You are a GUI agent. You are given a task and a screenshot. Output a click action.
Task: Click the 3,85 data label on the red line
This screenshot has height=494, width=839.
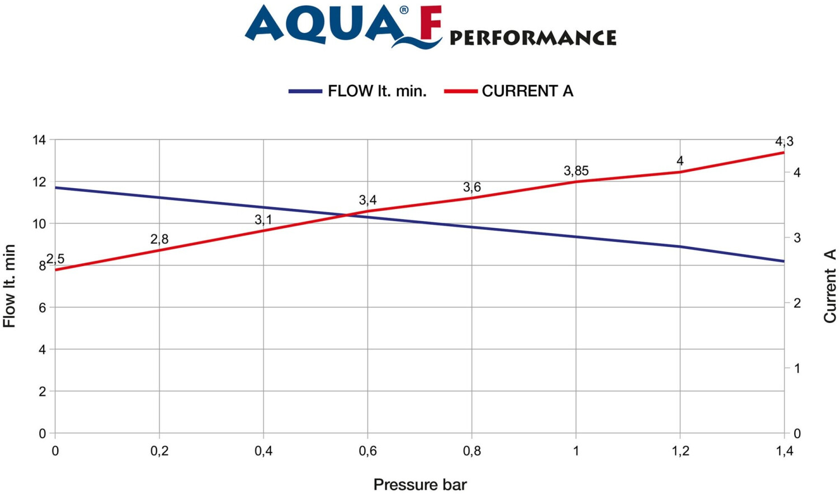(x=576, y=171)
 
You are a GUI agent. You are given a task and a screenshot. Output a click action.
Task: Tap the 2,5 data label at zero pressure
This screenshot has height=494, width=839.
(x=55, y=259)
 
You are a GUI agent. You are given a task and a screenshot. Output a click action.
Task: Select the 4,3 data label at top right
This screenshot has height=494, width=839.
(x=784, y=141)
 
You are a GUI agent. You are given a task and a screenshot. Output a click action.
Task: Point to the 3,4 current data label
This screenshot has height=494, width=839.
(x=367, y=200)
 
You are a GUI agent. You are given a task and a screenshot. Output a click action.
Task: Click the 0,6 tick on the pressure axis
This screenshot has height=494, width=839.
(x=367, y=451)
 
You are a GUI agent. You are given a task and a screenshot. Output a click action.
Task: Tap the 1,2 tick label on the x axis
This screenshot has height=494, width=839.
(x=680, y=451)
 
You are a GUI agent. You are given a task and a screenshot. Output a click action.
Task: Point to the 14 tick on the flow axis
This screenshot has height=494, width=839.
(x=39, y=140)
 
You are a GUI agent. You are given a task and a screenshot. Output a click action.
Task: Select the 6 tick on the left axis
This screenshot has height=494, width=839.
(x=42, y=307)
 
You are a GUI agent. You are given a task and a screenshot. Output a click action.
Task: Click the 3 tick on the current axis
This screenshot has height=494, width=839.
(x=797, y=237)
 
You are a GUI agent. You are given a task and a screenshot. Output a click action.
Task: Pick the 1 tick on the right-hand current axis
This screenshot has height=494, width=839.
(x=797, y=368)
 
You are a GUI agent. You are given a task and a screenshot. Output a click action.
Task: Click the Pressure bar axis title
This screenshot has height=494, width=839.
(x=419, y=484)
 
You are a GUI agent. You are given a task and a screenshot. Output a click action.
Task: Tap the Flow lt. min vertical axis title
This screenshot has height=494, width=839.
(x=10, y=286)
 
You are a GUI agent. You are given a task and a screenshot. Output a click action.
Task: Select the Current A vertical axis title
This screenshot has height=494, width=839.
(x=829, y=286)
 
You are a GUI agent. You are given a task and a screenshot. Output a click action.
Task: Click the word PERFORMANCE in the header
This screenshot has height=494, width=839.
(x=532, y=38)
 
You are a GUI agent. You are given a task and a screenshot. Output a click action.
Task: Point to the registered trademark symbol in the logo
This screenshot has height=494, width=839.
(x=404, y=10)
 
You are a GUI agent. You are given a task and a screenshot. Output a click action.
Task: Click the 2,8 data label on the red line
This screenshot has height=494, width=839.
(x=159, y=239)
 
